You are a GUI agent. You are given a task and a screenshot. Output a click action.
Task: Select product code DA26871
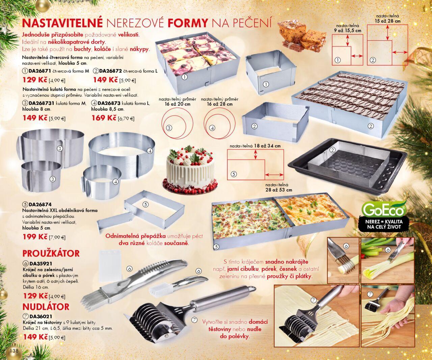click(x=40, y=71)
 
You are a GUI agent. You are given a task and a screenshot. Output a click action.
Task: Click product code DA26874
click(x=40, y=204)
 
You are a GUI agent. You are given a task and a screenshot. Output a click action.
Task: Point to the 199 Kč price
click(x=35, y=237)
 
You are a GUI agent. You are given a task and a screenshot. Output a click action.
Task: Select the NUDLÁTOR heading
click(x=46, y=307)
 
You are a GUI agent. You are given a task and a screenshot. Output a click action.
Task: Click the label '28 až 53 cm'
click(x=279, y=190)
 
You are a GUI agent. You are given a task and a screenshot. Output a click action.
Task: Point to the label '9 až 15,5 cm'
click(x=348, y=31)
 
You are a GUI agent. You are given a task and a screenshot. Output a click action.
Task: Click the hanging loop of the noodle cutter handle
click(x=251, y=288)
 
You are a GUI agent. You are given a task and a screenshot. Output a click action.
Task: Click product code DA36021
click(x=41, y=316)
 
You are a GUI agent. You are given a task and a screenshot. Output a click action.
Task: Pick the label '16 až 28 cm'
click(x=219, y=104)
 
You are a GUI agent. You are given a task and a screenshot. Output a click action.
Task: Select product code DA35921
click(x=41, y=264)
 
